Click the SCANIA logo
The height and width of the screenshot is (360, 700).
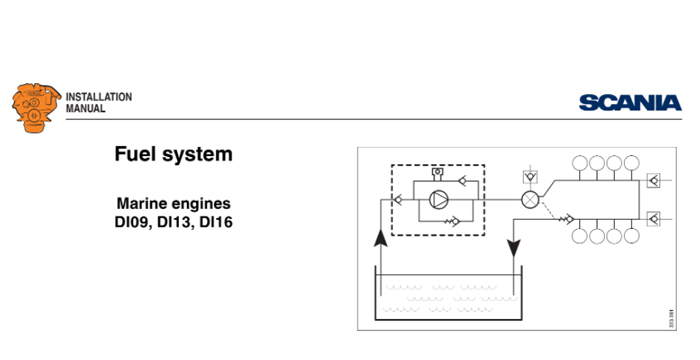point(629,102)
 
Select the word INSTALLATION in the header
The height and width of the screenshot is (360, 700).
point(98,96)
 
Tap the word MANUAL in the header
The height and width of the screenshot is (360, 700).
point(85,107)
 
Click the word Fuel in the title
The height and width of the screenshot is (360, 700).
point(136,155)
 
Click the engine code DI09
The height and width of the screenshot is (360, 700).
point(134,221)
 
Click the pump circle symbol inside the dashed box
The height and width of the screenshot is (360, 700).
point(437,199)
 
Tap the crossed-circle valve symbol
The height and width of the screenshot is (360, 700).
point(529,199)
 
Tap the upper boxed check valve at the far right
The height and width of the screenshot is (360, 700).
point(653,181)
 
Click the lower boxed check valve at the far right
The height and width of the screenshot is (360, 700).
point(653,217)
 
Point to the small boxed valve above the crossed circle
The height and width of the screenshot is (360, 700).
point(529,177)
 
